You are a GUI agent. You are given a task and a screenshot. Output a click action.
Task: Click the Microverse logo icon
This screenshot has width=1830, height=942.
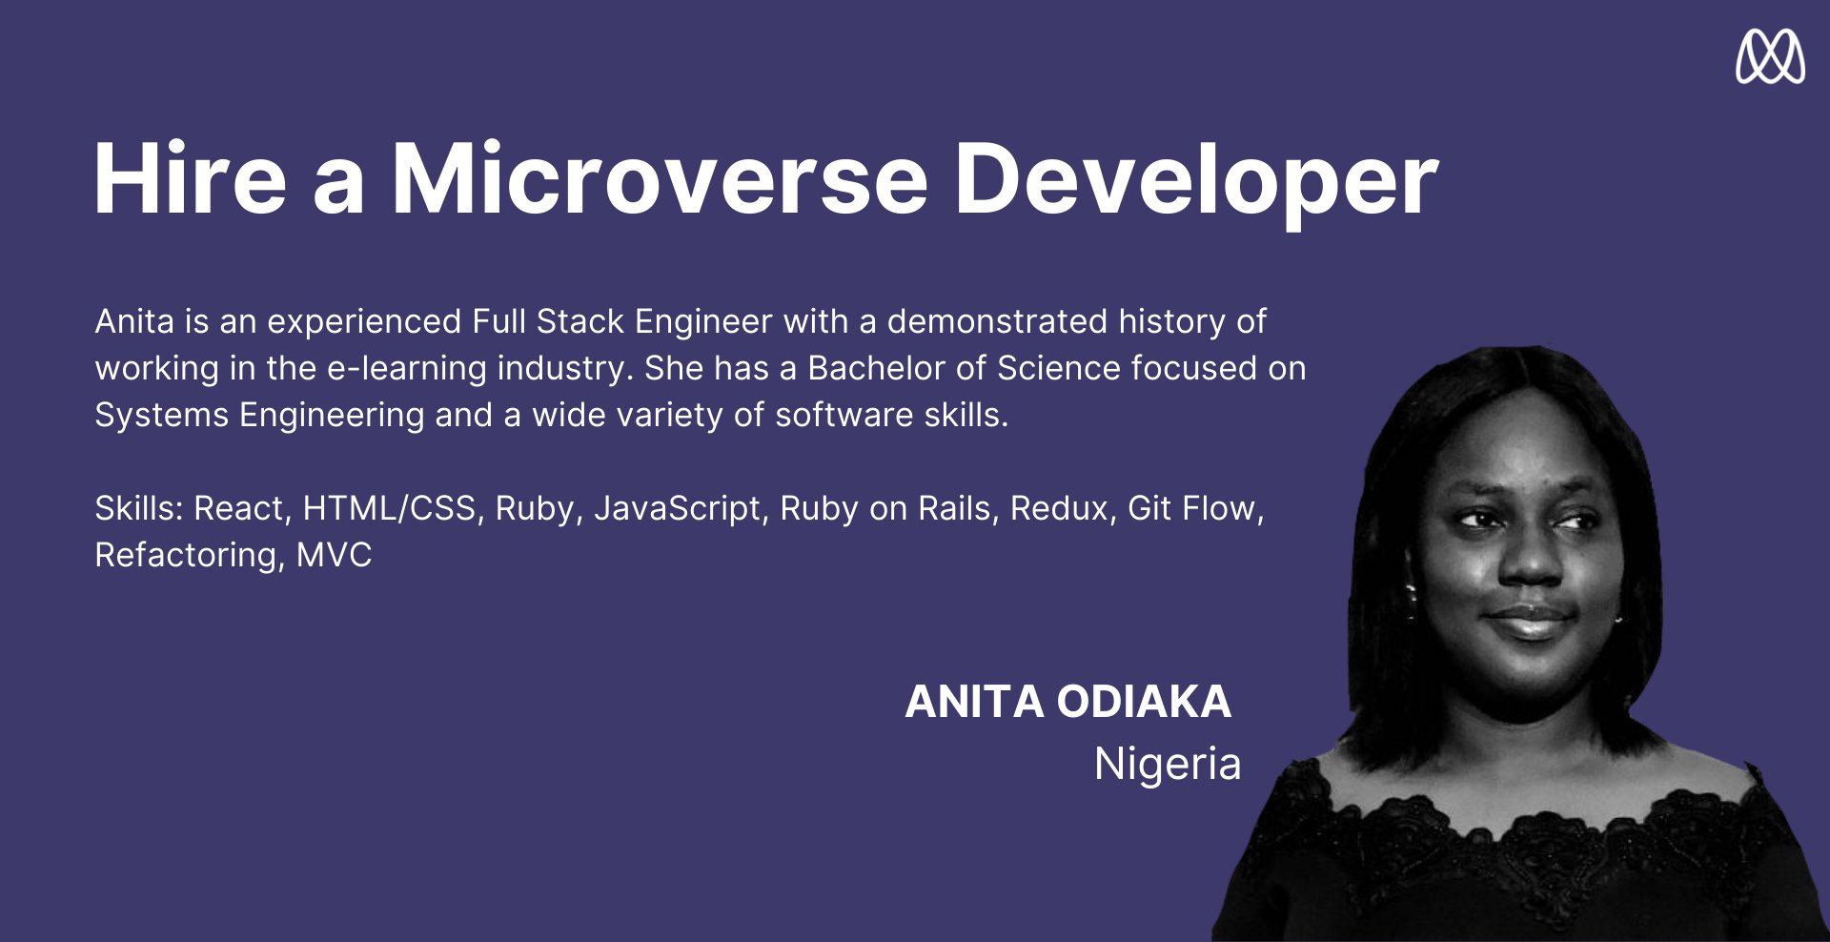(x=1770, y=56)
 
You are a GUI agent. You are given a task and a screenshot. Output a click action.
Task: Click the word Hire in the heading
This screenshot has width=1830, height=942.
(x=190, y=178)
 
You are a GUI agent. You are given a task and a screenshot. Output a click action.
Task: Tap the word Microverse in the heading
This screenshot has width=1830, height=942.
(x=660, y=178)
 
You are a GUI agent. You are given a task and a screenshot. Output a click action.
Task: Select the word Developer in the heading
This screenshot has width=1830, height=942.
(x=1196, y=184)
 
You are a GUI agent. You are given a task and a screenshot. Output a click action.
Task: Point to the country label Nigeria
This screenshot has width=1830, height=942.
(x=1168, y=764)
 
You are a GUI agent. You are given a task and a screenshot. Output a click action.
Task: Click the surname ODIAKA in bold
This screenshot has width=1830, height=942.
(x=1144, y=702)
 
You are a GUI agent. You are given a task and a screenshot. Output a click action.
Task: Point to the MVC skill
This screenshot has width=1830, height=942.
(x=334, y=555)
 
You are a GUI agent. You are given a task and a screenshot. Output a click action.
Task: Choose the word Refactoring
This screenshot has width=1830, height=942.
(x=190, y=556)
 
